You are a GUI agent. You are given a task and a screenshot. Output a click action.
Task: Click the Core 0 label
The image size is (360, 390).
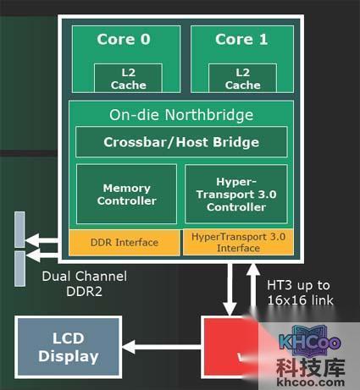pos(124,39)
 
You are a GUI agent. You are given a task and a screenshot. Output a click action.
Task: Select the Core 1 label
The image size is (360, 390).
pos(242,39)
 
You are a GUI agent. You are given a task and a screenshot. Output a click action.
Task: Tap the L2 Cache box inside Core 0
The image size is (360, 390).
pos(129,79)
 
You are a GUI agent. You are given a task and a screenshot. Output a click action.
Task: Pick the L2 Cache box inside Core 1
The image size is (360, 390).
pos(242,79)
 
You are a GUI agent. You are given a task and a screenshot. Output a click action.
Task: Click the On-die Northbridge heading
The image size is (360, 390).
pos(181,115)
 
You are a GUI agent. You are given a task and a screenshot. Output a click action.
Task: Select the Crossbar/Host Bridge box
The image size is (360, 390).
pos(181,142)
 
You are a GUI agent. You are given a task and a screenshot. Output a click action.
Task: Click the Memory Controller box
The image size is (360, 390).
pos(126,194)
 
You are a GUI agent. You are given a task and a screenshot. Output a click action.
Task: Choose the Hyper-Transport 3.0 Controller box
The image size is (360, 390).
pos(235,194)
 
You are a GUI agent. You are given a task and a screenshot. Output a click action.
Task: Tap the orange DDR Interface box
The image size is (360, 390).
pos(125,243)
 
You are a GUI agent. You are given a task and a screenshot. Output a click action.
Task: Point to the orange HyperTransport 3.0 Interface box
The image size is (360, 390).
pos(238,242)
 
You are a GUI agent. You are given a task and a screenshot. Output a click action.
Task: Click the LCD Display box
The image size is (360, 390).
pos(68,348)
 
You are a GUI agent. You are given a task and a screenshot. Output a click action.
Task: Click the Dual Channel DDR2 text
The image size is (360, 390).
pos(84,283)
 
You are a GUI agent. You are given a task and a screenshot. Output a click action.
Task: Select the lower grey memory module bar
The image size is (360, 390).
pos(19,268)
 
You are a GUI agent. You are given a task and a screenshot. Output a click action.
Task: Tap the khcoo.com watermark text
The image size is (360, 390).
pos(318,382)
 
